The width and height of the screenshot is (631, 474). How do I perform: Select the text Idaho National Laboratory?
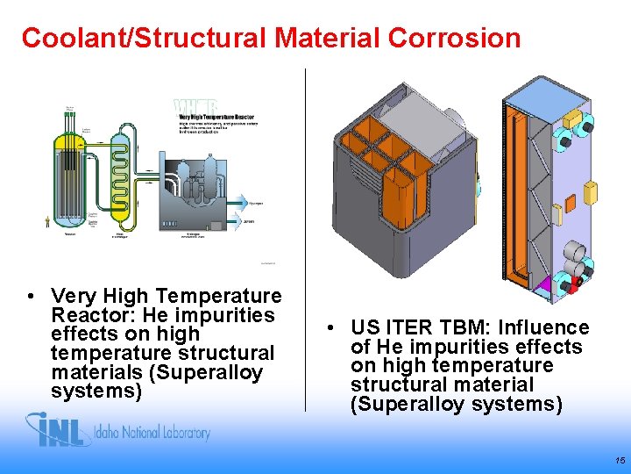[x=152, y=433]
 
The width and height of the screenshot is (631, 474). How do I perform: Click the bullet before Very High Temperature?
[x=31, y=297]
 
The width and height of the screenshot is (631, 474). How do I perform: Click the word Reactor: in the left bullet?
[x=89, y=315]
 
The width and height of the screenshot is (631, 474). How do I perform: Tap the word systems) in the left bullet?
[x=96, y=391]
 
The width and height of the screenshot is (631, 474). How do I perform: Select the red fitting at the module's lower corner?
[x=575, y=283]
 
